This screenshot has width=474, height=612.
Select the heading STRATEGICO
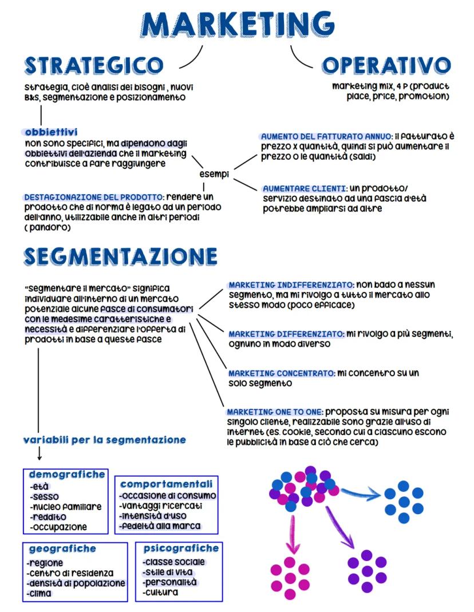click(94, 66)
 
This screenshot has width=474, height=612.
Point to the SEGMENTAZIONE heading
click(121, 256)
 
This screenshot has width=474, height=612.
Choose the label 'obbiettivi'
click(52, 132)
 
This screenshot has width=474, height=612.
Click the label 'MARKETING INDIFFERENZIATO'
click(291, 285)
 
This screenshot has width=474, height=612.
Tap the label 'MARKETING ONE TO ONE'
click(274, 412)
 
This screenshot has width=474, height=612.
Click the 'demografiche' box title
click(67, 475)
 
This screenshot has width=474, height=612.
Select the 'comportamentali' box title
click(167, 484)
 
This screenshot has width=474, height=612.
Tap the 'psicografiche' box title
click(181, 548)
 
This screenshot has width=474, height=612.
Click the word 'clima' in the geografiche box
click(40, 593)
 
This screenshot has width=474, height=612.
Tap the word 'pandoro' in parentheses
click(48, 227)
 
